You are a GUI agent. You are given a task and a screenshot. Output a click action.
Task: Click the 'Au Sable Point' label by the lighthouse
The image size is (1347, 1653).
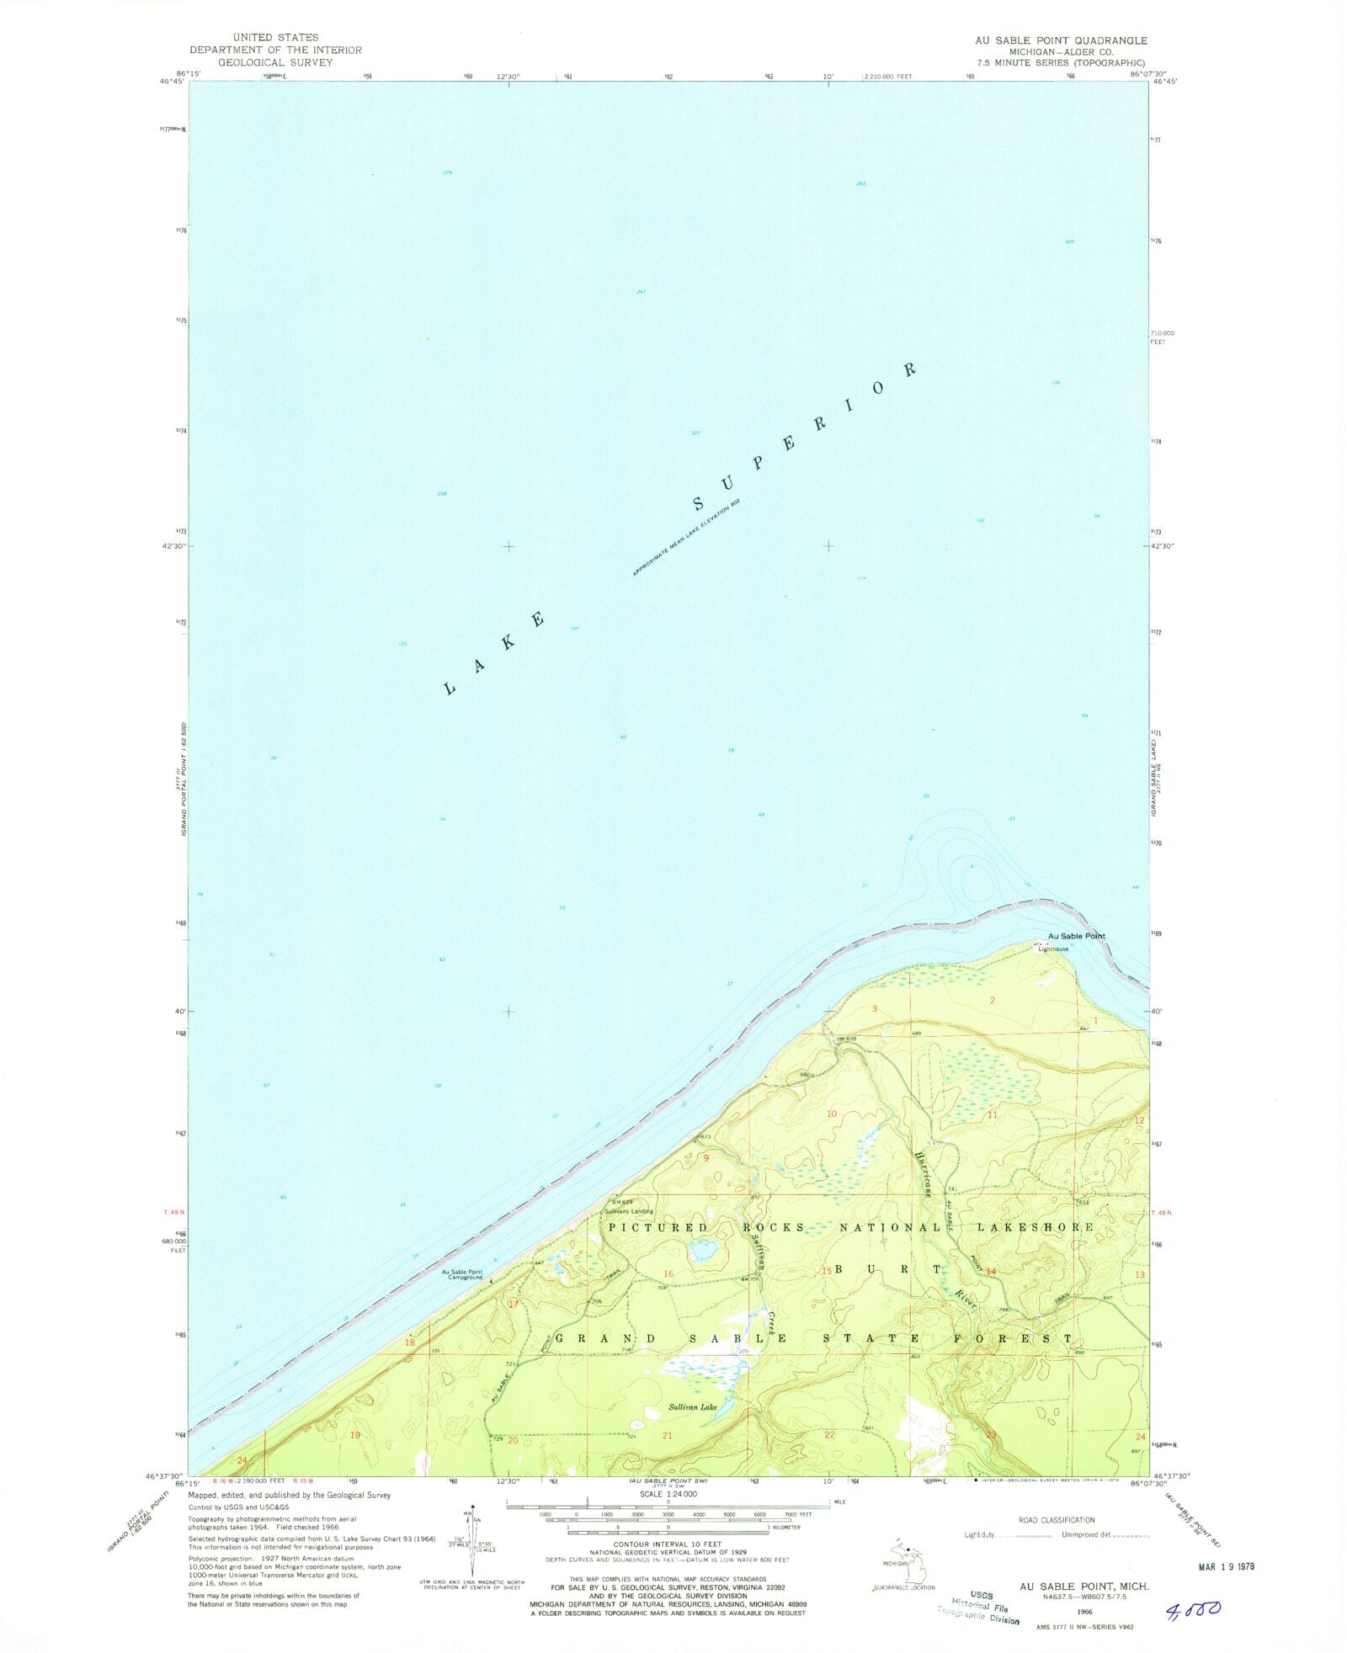click(1076, 936)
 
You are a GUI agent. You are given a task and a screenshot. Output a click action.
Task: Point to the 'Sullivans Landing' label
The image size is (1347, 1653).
click(628, 1211)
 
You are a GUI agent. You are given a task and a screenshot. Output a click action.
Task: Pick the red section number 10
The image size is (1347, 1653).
click(832, 1114)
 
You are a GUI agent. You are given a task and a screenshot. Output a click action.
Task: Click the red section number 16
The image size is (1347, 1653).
click(669, 1273)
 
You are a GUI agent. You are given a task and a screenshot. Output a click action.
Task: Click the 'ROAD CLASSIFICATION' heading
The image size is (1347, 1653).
click(1057, 1520)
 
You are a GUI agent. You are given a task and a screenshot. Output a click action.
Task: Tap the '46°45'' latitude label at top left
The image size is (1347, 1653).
click(171, 82)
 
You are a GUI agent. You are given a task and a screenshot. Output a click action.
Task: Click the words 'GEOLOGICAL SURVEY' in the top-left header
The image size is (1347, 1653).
click(275, 62)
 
